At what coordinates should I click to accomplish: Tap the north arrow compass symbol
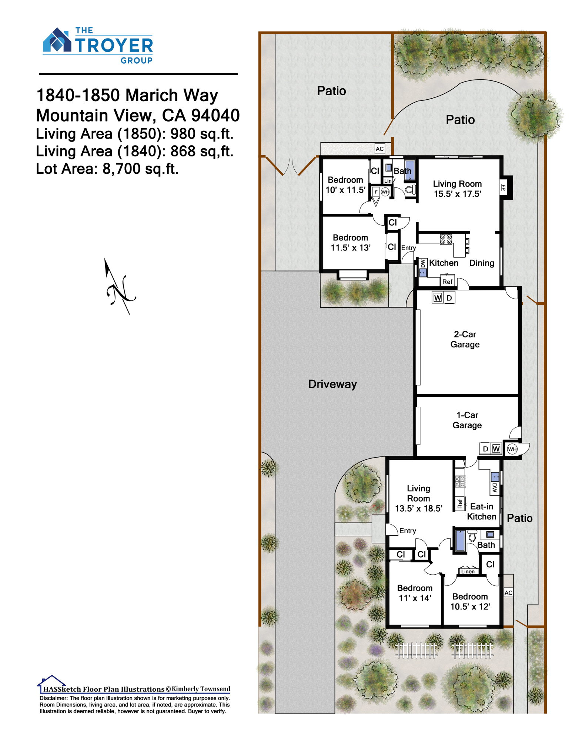point(120,286)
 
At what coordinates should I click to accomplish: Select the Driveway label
point(332,384)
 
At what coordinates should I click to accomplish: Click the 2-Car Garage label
point(465,339)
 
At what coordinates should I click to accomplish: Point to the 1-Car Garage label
point(467,420)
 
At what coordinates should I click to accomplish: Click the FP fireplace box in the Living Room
point(503,187)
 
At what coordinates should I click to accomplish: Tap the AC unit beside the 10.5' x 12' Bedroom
point(509,593)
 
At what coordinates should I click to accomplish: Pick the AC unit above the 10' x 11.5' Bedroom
point(380,149)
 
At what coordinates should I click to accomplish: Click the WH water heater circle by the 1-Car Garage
point(512,449)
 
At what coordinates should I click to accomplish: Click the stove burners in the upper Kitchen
point(446,239)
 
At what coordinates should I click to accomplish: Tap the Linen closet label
point(468,571)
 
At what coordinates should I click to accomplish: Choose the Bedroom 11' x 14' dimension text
point(415,598)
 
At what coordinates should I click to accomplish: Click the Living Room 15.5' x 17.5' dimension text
point(458,194)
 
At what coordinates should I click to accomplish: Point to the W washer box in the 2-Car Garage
point(438,298)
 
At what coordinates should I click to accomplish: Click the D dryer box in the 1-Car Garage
point(485,449)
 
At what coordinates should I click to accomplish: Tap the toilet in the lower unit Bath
point(472,536)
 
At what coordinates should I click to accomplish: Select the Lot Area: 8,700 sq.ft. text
point(107,169)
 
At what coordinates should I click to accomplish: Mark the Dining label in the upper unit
point(482,263)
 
